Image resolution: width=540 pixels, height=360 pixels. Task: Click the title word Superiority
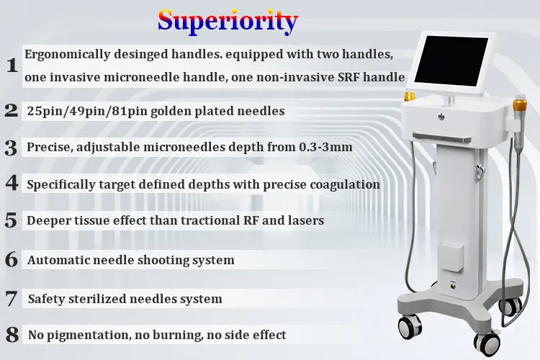[x=228, y=22]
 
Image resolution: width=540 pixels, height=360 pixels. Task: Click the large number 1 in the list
[x=12, y=65]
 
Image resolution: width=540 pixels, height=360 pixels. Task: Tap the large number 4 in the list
[x=12, y=183]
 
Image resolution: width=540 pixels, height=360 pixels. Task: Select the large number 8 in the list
[x=12, y=335]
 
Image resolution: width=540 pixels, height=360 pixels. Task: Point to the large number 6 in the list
[x=12, y=259]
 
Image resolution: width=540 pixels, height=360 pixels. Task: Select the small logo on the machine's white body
[x=441, y=117]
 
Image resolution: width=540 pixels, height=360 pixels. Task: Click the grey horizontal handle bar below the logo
[x=442, y=138]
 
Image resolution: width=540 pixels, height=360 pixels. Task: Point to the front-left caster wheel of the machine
[x=410, y=327]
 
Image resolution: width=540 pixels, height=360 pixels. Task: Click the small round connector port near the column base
[x=452, y=284]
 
